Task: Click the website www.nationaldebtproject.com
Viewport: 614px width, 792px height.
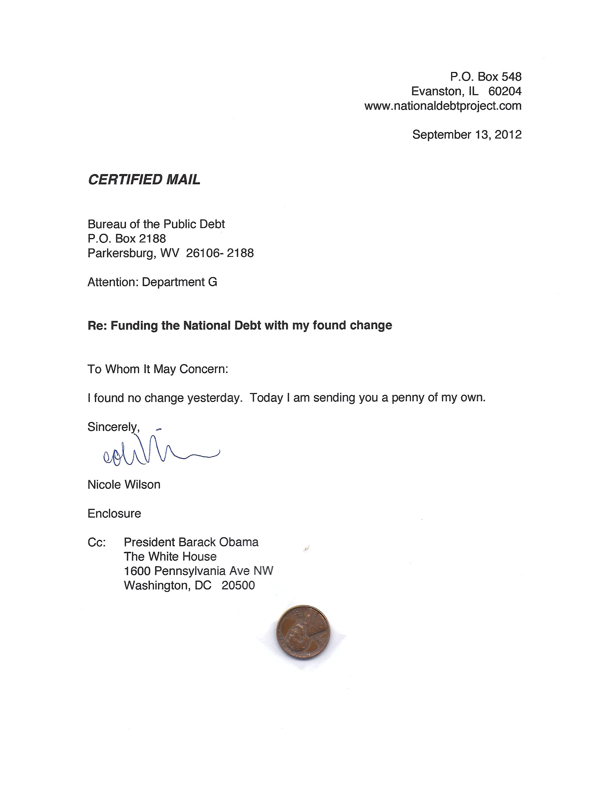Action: (443, 106)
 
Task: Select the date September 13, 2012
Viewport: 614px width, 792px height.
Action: (467, 135)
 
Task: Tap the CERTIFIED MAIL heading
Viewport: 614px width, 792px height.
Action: (144, 180)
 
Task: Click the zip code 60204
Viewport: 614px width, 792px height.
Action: (505, 91)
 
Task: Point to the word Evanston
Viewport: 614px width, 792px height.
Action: (437, 91)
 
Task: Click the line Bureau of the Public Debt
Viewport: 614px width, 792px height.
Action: (156, 224)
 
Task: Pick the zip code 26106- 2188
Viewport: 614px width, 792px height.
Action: (219, 253)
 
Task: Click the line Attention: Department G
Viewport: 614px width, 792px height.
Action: (152, 282)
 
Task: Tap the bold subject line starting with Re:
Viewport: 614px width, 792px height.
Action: (240, 326)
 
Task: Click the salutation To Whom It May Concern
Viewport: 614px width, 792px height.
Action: (157, 369)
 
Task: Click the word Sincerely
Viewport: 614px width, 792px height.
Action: (113, 427)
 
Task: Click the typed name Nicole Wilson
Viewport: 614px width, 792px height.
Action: (124, 485)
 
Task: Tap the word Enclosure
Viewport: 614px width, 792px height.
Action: (114, 513)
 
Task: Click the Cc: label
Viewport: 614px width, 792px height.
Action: (97, 542)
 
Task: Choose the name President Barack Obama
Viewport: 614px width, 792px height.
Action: (191, 542)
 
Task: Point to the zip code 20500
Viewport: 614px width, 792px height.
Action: (238, 585)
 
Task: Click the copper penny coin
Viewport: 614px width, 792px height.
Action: (303, 632)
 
